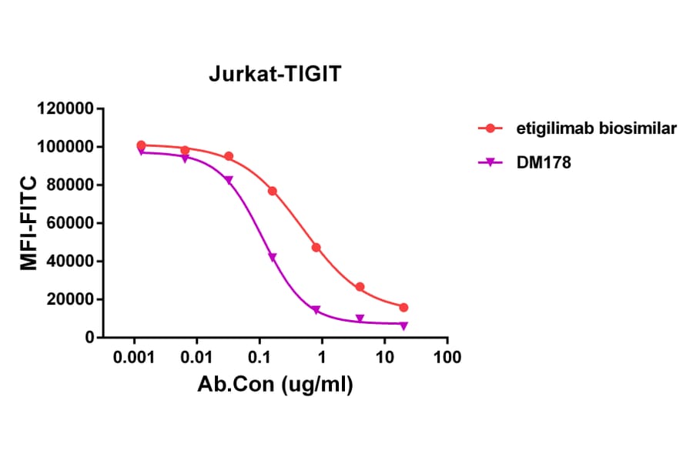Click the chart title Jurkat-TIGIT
point(274,75)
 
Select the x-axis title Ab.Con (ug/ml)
point(276,385)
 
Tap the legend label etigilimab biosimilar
point(597,128)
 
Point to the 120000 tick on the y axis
point(65,108)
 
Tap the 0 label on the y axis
point(90,338)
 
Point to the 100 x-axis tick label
point(447,359)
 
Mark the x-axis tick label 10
point(384,359)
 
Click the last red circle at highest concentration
point(403,307)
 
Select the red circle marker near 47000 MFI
point(316,248)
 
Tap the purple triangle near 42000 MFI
point(273,257)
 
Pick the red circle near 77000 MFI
point(273,191)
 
